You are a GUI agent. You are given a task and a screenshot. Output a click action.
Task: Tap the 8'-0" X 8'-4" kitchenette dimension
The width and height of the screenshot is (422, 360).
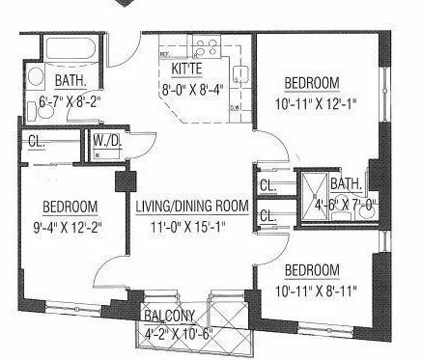pos(192,92)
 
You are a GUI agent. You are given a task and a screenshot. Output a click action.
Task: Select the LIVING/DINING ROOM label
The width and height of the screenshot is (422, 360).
pos(192,207)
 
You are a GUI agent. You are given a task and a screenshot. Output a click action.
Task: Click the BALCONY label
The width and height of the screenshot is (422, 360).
pos(172,317)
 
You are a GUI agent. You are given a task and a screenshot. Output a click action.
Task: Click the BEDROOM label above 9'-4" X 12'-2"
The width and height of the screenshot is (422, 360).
pos(70,207)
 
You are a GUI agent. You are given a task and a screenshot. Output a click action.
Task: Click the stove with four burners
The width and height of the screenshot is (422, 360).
pos(205,46)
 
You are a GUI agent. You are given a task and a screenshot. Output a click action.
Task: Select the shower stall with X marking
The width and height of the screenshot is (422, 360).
pos(311,184)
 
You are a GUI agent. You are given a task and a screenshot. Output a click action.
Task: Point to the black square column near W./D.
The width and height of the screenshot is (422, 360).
pos(123,181)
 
